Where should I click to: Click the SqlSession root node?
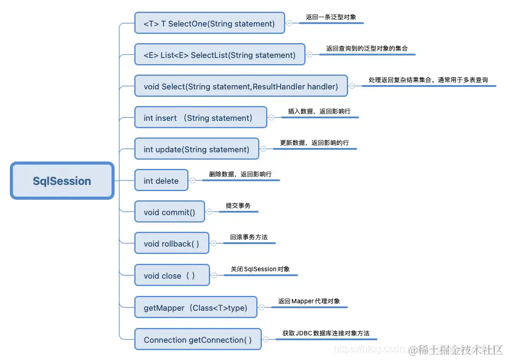tap(62, 181)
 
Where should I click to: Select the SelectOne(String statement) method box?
tap(209, 23)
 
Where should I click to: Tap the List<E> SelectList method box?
tap(220, 55)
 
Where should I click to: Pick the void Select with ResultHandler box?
tap(241, 86)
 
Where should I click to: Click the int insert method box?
tap(201, 118)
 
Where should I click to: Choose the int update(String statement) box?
tap(197, 149)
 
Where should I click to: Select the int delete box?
tap(161, 181)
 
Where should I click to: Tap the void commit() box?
tap(169, 212)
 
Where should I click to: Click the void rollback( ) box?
tap(172, 243)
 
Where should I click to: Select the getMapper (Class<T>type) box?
tap(195, 307)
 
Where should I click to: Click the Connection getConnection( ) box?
tap(198, 339)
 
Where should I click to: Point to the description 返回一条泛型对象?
tap(330, 18)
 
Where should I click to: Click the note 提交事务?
tap(238, 206)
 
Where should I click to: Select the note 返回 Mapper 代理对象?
tap(309, 301)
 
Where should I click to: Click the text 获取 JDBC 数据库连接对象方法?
tap(326, 333)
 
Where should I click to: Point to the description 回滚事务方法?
tap(248, 237)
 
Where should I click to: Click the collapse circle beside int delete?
tap(193, 181)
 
